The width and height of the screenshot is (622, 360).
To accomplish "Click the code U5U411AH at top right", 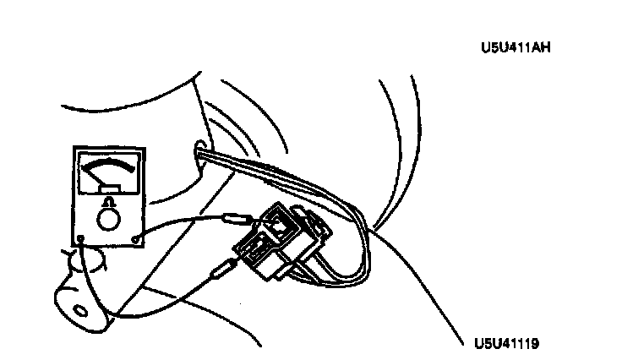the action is click(x=515, y=48).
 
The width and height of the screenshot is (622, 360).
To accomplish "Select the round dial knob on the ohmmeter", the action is click(x=107, y=219).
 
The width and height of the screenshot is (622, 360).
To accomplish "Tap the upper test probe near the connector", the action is click(x=237, y=219).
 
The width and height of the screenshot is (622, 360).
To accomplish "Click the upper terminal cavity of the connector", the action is click(x=278, y=223).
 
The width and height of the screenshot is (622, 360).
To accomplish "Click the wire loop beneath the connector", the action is click(x=338, y=275).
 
